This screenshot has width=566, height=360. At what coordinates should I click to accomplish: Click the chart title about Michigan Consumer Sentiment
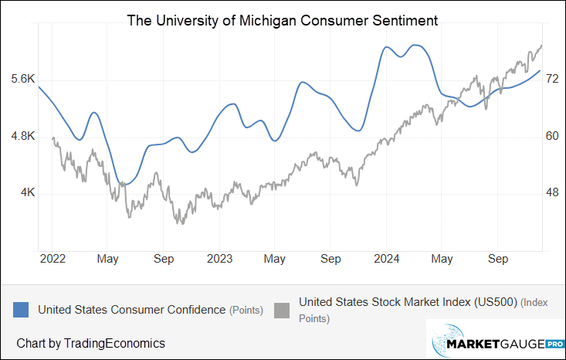(x=283, y=21)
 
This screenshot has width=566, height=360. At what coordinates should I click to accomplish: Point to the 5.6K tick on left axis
(x=23, y=79)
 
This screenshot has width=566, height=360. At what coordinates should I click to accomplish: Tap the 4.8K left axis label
(x=23, y=136)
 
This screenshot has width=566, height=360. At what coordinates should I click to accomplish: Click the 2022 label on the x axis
(x=52, y=259)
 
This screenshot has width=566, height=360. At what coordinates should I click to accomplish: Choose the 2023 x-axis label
(x=219, y=259)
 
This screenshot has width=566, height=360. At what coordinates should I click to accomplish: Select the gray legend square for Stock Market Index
(x=284, y=309)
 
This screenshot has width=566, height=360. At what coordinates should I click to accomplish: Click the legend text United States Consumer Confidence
(x=131, y=310)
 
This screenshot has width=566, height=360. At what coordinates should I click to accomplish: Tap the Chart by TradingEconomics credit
(x=90, y=342)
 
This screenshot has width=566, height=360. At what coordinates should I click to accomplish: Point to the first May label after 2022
(x=107, y=259)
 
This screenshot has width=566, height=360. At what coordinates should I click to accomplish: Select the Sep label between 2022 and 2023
(x=164, y=259)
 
